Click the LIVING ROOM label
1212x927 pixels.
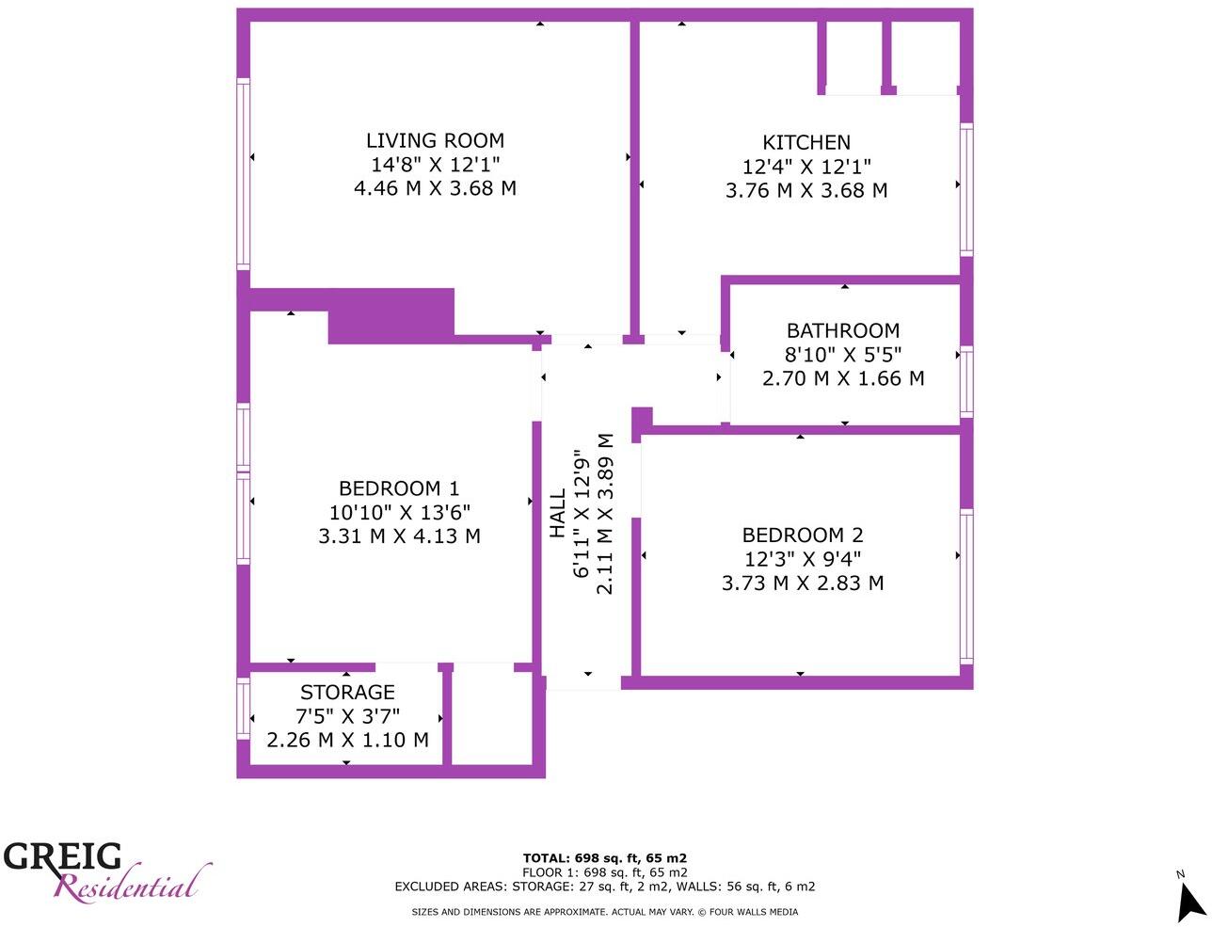(435, 141)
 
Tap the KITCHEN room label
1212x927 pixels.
(806, 143)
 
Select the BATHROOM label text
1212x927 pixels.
(843, 331)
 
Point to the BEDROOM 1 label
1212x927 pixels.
(399, 488)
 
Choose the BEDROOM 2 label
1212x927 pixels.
(803, 535)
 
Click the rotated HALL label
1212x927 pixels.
(558, 513)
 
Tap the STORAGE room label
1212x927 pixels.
(347, 693)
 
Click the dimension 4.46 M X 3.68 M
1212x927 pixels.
(435, 188)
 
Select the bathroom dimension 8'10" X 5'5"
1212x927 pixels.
(843, 355)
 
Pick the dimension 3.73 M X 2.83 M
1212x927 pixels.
(803, 583)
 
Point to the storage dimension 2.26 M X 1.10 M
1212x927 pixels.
(347, 740)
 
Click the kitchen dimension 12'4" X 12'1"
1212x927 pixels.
(806, 167)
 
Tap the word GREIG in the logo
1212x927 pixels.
(63, 856)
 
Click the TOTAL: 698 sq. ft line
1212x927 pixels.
(605, 857)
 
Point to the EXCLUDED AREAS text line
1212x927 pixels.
(605, 886)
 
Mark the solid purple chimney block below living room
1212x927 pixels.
(391, 316)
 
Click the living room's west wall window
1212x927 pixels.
(244, 174)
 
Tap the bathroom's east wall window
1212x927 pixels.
(966, 381)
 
